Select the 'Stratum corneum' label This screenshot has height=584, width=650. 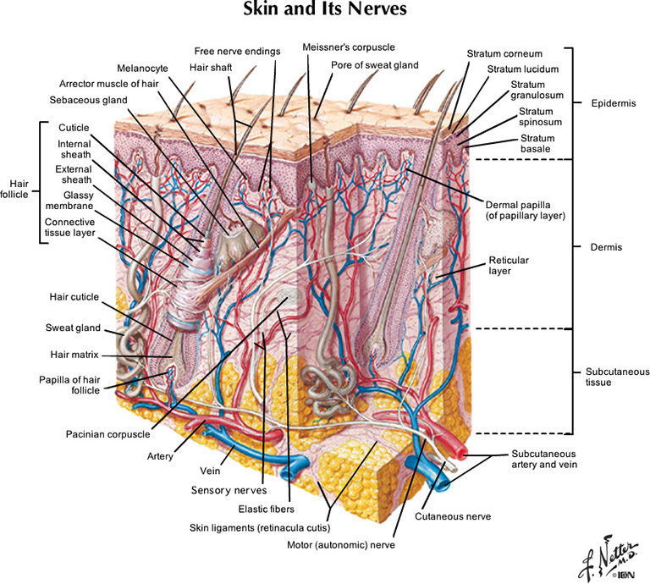coord(504,54)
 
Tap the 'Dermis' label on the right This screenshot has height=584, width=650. coord(604,248)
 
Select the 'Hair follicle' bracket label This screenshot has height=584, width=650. coord(19,187)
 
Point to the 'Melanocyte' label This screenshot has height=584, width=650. coord(144,68)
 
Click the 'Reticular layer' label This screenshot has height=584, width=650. coord(510,266)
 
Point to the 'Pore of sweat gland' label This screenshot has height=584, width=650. coord(374,64)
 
